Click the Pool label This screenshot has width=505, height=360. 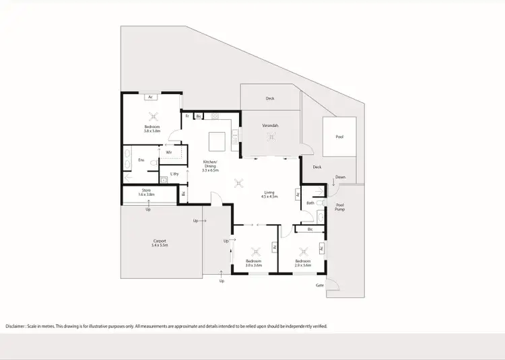click(x=339, y=137)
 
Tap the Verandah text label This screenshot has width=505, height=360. click(x=271, y=126)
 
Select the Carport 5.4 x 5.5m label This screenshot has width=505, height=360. click(x=160, y=243)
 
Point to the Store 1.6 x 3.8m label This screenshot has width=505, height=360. click(x=146, y=192)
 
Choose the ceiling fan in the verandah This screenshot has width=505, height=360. click(x=271, y=138)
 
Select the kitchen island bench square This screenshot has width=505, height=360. click(x=216, y=141)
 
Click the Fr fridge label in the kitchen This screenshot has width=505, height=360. click(x=187, y=116)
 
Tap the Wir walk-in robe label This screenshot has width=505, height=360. click(x=168, y=152)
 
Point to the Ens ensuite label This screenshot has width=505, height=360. click(x=141, y=160)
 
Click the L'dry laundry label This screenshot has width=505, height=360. click(x=174, y=174)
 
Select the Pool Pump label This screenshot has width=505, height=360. click(x=340, y=207)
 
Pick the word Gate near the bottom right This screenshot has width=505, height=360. click(x=320, y=285)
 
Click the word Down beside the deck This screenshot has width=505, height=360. click(x=341, y=178)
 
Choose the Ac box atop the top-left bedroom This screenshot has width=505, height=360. click(x=151, y=97)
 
